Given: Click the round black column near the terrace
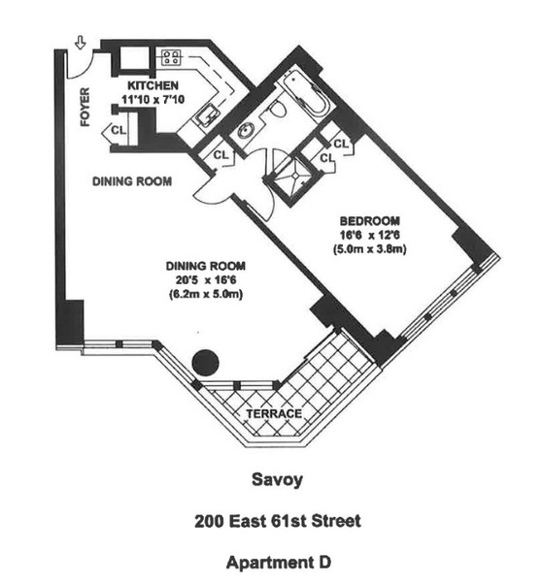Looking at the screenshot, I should coord(205,363).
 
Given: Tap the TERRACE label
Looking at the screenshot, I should coord(275,413).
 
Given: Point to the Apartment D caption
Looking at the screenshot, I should coord(279,562).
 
